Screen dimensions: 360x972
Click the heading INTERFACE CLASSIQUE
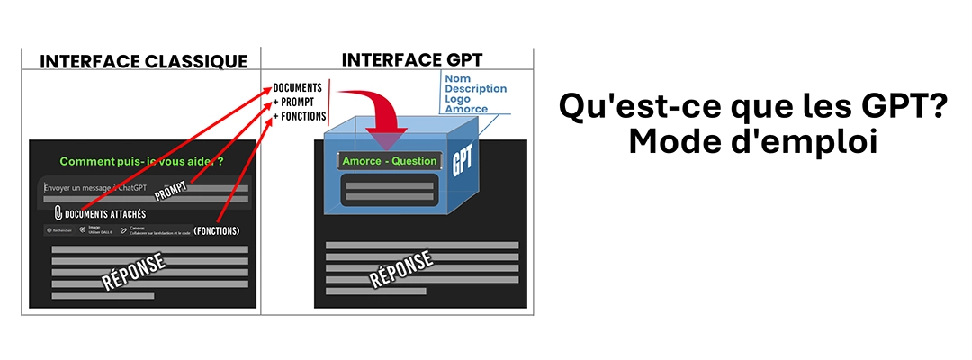(143, 61)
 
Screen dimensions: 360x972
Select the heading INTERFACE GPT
(400, 60)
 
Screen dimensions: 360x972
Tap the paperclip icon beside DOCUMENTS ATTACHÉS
(58, 213)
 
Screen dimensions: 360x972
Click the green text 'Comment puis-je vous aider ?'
(141, 161)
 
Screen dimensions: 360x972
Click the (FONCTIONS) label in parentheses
(216, 231)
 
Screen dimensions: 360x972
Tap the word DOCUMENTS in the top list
(297, 87)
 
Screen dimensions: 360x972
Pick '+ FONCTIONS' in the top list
(299, 116)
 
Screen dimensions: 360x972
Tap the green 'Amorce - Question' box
(389, 161)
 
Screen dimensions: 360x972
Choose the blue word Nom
(457, 78)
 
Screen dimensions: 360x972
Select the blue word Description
(475, 89)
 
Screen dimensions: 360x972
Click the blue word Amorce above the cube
(465, 110)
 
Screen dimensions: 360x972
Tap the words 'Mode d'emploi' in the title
(751, 143)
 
